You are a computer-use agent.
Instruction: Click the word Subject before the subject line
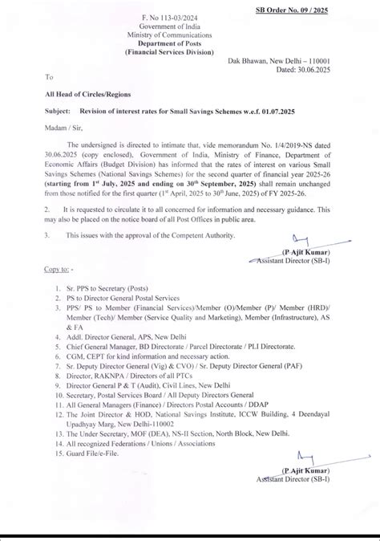(59, 112)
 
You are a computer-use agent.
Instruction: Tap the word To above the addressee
(49, 78)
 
